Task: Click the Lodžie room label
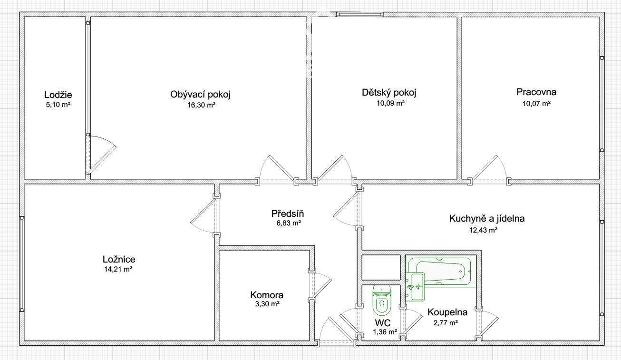(58, 95)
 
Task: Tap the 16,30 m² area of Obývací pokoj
(201, 105)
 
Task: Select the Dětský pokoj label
(389, 93)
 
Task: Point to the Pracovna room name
(536, 92)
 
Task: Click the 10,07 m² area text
(536, 104)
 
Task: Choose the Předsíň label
(288, 214)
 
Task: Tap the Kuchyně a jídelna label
(487, 219)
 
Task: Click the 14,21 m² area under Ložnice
(118, 269)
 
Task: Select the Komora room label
(267, 295)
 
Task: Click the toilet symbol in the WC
(382, 300)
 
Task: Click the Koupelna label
(447, 312)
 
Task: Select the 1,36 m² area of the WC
(385, 332)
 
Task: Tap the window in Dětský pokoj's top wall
(360, 14)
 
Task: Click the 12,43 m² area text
(483, 230)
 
